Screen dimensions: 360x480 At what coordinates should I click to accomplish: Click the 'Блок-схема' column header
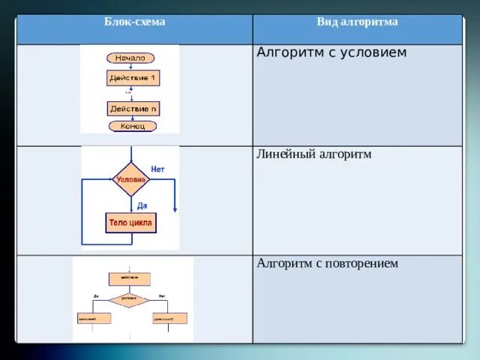coord(134,22)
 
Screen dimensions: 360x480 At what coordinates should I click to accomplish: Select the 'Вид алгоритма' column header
coord(357,22)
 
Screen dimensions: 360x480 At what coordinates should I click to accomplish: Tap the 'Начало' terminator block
coord(132,58)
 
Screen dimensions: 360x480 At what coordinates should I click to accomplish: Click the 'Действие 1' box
coord(133,78)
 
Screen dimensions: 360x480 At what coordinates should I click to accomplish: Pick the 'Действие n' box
coord(133,109)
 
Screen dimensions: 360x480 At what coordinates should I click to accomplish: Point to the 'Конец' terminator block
coord(133,126)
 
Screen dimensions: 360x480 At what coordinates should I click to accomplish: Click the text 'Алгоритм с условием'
coord(331,53)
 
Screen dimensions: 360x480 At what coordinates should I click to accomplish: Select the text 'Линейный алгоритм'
coord(314,154)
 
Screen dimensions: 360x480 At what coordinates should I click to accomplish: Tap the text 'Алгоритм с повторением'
coord(327,263)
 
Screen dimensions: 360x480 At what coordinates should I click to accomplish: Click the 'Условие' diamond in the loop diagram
coord(130,180)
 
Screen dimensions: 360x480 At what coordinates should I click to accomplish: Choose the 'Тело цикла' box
coord(130,223)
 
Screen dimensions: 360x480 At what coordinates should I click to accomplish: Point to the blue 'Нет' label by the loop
coord(157,169)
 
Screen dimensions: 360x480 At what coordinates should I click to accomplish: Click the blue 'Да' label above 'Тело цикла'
coord(142,205)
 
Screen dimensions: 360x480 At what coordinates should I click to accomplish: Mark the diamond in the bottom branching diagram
coord(129,300)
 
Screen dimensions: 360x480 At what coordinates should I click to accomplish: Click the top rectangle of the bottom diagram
coord(129,279)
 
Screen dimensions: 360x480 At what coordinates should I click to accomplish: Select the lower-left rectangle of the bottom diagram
coord(93,318)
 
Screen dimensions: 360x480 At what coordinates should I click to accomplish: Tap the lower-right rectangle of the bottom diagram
coord(169,318)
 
